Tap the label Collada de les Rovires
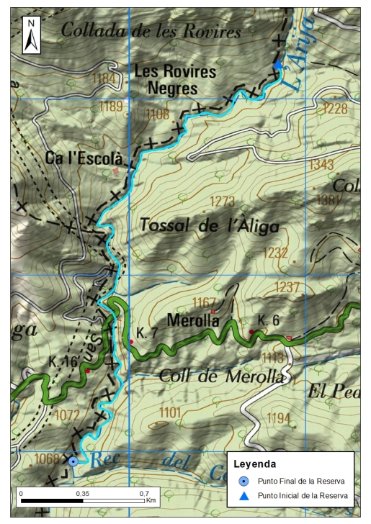click(x=151, y=31)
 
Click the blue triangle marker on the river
click(x=278, y=65)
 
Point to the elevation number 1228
click(x=334, y=109)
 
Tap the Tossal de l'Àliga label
click(x=209, y=225)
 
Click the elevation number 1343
click(x=321, y=165)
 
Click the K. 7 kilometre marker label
click(x=147, y=333)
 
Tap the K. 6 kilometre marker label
click(x=268, y=320)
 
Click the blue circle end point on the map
click(x=73, y=461)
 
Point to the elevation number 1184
click(x=104, y=78)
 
